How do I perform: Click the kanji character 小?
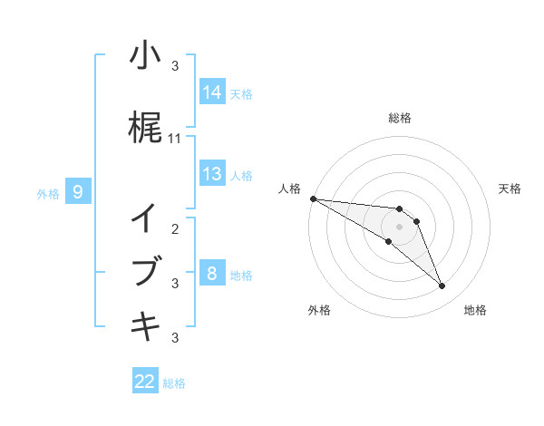145,56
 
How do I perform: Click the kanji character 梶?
145,129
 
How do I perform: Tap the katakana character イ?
145,218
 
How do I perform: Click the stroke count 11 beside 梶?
176,139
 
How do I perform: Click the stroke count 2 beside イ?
176,229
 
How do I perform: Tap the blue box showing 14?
212,92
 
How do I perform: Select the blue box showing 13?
212,174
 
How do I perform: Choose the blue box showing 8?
212,274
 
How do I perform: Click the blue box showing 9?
79,192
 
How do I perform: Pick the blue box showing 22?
145,382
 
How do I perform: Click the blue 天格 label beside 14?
241,93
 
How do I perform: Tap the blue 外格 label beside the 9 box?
48,193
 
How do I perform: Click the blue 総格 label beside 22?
174,382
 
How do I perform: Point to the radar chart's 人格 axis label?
289,189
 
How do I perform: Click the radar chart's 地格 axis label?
475,310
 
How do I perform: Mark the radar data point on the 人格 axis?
313,198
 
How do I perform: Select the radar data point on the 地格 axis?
442,286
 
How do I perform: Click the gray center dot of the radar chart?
399,226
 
